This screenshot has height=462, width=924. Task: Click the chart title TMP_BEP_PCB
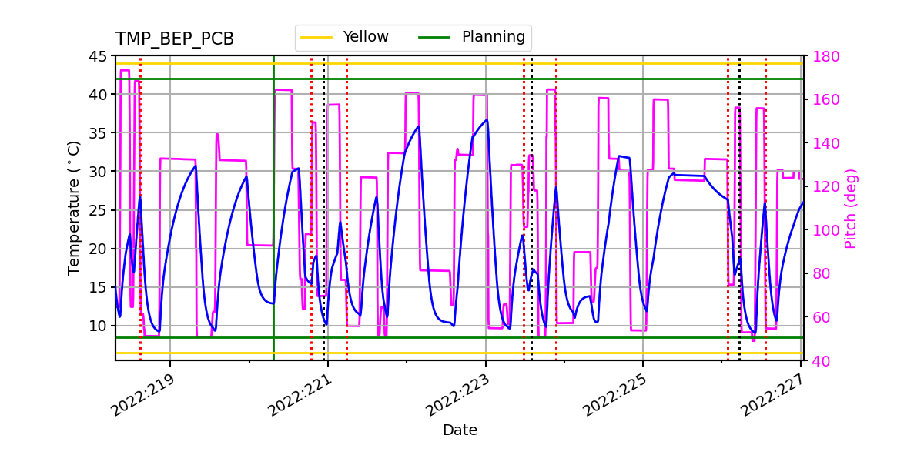[175, 39]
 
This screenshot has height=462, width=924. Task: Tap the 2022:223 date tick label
[457, 395]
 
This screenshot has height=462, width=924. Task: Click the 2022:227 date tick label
[772, 395]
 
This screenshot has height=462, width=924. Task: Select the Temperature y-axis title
[74, 208]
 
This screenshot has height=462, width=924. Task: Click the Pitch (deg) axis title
[851, 208]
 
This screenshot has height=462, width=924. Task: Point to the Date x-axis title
[460, 430]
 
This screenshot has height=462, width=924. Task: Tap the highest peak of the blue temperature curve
[486, 120]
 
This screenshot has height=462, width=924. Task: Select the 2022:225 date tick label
[615, 395]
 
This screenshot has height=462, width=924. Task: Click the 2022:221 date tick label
[300, 395]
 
